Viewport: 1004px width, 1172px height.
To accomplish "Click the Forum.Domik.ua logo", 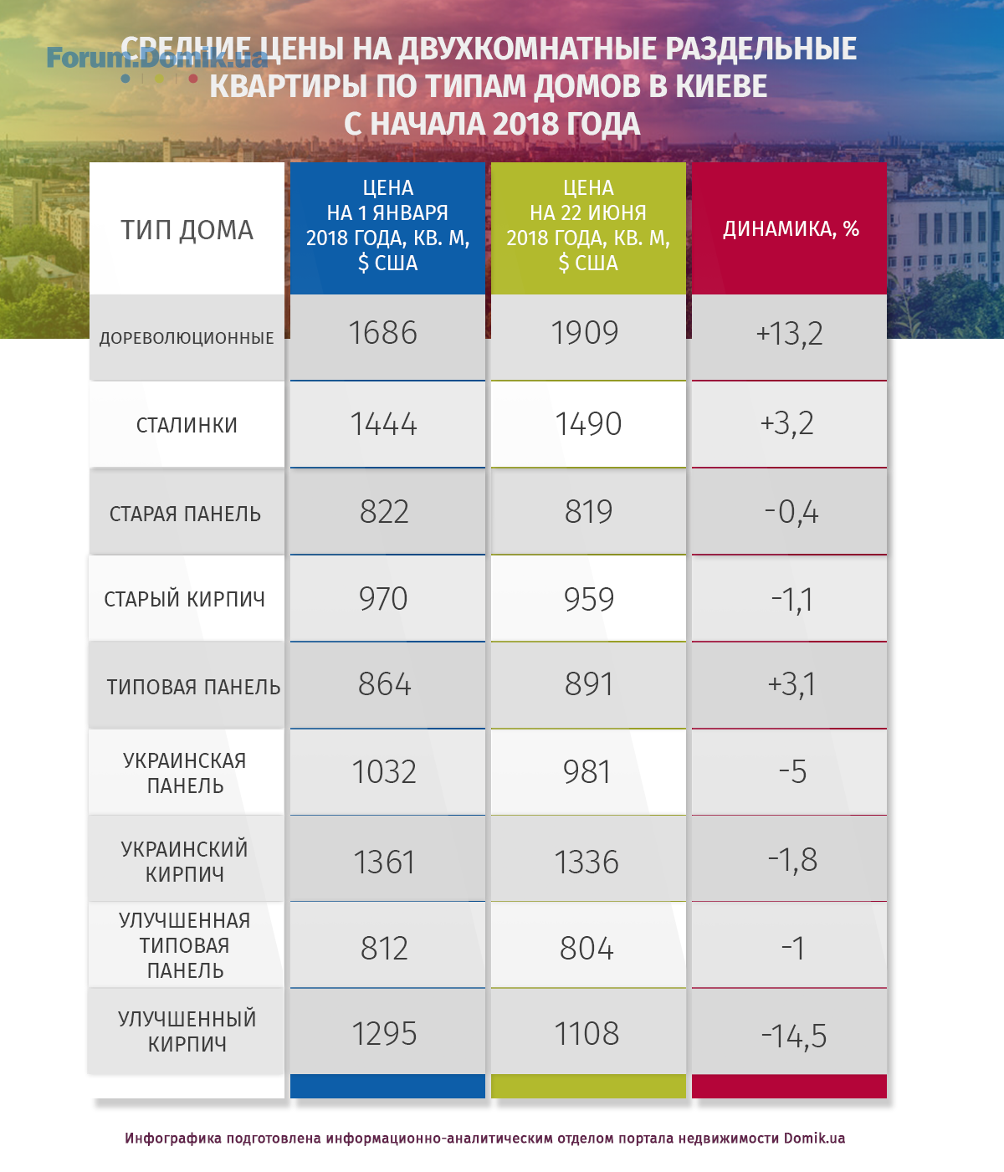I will click(x=156, y=59).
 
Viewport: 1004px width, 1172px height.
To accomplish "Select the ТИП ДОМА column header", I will click(x=187, y=229).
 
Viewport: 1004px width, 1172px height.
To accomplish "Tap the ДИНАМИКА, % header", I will click(x=791, y=229).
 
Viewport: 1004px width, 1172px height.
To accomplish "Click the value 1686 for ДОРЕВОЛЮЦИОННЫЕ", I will click(x=383, y=333).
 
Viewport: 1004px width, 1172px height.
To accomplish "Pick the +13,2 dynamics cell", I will click(x=790, y=334).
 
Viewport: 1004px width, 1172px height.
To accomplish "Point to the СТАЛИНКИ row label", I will click(x=187, y=425).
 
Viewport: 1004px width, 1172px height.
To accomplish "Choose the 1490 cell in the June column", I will click(x=588, y=424).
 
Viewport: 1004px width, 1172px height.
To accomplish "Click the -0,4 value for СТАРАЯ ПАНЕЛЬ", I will click(x=791, y=512).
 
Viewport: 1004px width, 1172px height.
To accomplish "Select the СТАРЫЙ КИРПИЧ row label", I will click(x=185, y=599).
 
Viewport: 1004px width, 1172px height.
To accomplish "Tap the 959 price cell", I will click(x=588, y=599).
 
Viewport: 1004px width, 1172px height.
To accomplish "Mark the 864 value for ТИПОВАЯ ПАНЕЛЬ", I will click(x=385, y=685).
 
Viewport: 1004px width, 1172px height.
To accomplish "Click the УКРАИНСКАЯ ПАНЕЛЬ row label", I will click(x=185, y=773).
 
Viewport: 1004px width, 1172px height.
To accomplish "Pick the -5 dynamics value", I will click(x=792, y=772).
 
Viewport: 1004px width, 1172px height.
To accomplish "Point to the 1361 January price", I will click(x=385, y=862).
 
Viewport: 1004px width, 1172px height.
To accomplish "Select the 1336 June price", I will click(x=587, y=862).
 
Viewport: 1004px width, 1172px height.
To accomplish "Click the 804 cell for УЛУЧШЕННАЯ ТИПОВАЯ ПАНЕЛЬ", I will click(x=587, y=949).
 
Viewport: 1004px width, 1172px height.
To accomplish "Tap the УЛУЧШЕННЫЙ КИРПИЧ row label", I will click(x=187, y=1031).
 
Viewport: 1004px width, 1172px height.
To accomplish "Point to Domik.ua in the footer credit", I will click(x=814, y=1139).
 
